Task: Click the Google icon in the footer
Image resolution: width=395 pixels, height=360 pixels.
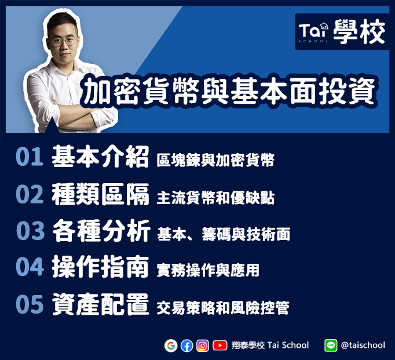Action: [x=171, y=346]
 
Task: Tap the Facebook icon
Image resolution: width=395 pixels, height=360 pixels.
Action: [x=186, y=346]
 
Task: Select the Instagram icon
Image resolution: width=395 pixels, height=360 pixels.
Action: [x=203, y=346]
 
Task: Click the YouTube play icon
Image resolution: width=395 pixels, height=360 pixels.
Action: [x=220, y=346]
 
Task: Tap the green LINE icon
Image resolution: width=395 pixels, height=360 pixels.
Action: [x=331, y=346]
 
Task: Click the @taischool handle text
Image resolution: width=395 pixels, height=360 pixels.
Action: [x=363, y=345]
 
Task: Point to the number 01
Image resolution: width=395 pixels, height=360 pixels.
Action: [x=30, y=157]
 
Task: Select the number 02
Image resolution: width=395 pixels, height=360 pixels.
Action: [x=30, y=194]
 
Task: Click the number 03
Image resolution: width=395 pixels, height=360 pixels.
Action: [x=30, y=230]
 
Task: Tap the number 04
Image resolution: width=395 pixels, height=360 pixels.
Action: [x=30, y=267]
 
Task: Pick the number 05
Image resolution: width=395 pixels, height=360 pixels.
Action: [x=30, y=304]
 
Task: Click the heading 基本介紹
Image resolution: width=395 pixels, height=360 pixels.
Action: [x=100, y=157]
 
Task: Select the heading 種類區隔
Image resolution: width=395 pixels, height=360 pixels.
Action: [x=100, y=194]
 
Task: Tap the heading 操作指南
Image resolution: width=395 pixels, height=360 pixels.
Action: [x=100, y=267]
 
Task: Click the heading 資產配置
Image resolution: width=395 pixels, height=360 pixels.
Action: [x=100, y=304]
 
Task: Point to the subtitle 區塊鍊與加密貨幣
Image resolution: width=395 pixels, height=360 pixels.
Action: [x=215, y=160]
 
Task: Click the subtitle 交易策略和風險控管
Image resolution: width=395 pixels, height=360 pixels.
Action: [x=223, y=308]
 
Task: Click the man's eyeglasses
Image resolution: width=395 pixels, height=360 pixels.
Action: [x=64, y=42]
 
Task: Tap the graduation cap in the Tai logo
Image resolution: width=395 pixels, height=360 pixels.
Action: [x=324, y=26]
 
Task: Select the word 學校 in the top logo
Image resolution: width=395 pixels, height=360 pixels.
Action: [x=359, y=31]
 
